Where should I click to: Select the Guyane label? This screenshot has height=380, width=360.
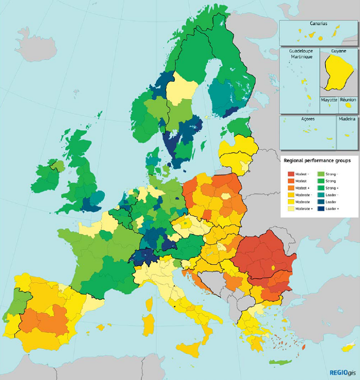339,51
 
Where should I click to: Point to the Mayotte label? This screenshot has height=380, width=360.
329,100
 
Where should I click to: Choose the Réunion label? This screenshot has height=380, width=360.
348,100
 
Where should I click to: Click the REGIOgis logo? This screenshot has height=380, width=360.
342,372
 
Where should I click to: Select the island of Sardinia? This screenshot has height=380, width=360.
148,323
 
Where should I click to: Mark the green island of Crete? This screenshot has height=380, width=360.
280,362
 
